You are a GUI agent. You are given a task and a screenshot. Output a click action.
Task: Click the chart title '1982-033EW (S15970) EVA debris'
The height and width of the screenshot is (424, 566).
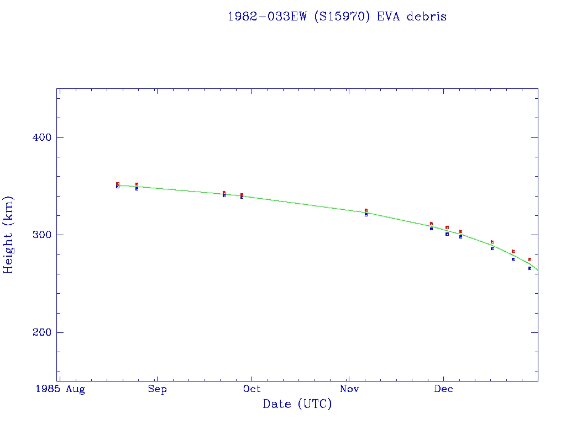click(x=337, y=17)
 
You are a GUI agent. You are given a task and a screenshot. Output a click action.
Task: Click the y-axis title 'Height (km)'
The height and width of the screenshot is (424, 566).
click(x=9, y=235)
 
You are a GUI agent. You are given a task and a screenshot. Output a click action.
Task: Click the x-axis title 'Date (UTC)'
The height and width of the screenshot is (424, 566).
click(x=297, y=404)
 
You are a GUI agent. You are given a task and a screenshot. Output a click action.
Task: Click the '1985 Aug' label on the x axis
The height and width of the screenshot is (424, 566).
click(x=60, y=389)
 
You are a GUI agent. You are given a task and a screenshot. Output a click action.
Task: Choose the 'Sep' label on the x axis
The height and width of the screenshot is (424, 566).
click(x=157, y=389)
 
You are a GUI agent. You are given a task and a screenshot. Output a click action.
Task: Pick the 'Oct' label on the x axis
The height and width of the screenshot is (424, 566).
click(x=252, y=389)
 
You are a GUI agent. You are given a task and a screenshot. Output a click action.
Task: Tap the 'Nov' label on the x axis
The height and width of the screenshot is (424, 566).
click(x=348, y=389)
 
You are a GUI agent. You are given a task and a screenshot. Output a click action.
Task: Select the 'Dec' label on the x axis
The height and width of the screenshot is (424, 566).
click(x=443, y=389)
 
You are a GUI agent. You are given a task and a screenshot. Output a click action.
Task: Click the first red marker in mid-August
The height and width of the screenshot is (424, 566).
click(x=118, y=184)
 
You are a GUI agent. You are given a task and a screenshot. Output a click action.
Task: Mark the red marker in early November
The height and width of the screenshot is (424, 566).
click(x=366, y=210)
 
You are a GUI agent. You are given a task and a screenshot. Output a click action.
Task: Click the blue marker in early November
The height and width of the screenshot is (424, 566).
click(x=366, y=214)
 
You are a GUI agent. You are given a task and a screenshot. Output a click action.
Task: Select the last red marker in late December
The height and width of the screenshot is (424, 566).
click(x=530, y=259)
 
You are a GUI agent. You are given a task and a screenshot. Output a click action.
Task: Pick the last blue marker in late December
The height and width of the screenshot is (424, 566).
click(x=530, y=268)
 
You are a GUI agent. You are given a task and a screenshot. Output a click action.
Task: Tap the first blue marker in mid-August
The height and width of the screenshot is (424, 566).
click(x=118, y=187)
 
